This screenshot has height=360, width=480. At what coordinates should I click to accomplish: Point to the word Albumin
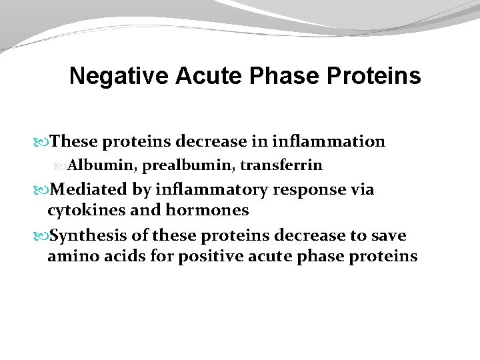(x=93, y=165)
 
